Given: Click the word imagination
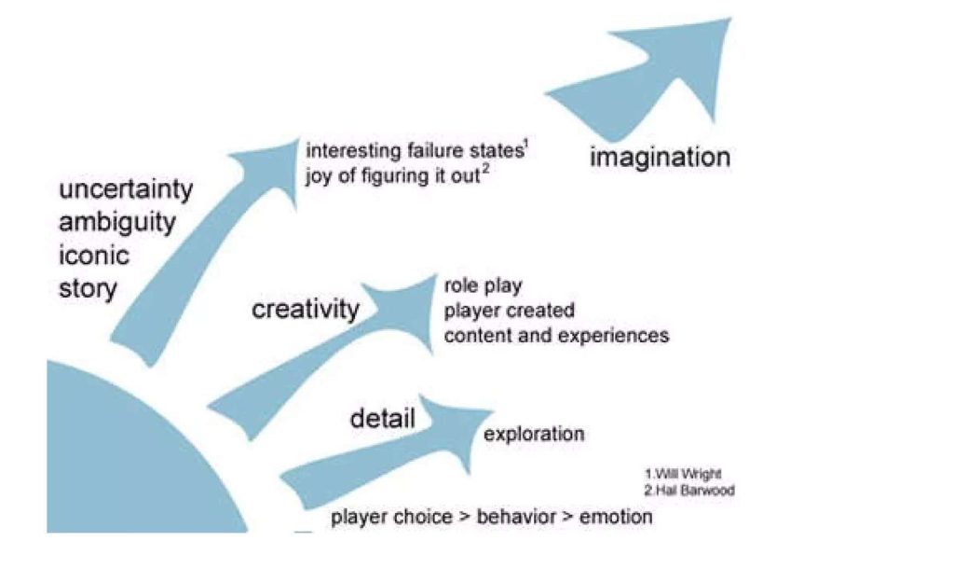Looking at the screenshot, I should (660, 157).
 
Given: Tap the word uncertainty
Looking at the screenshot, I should (126, 190).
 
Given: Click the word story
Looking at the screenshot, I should (89, 288).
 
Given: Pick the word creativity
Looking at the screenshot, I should (305, 310).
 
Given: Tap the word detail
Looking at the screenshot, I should (382, 418).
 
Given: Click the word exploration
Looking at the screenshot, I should (534, 434).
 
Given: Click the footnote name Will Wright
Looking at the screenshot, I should (686, 473).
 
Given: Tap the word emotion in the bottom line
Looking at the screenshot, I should (616, 517).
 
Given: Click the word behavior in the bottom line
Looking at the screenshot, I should (515, 517).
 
